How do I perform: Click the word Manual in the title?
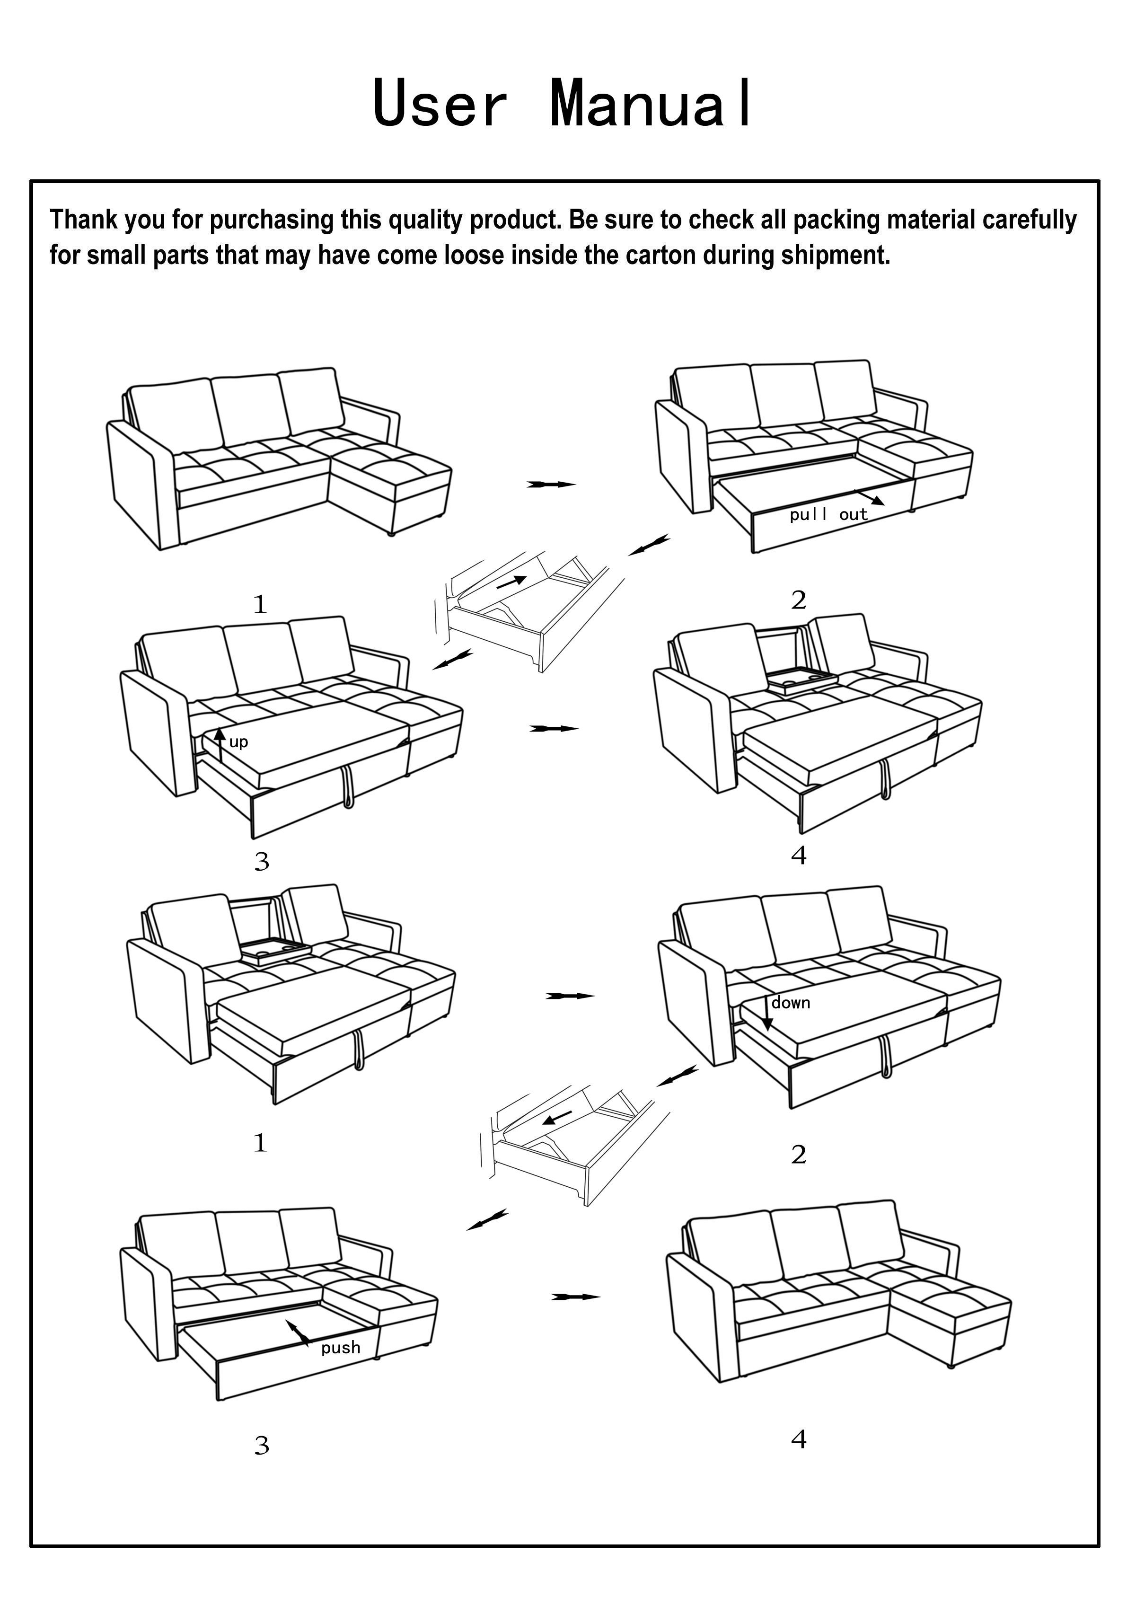click(x=651, y=104)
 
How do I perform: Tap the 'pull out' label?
click(x=828, y=515)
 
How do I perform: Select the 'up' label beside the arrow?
click(x=238, y=742)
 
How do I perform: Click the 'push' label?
click(x=341, y=1348)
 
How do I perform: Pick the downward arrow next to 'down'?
click(x=766, y=1014)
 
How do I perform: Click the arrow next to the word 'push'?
click(x=298, y=1331)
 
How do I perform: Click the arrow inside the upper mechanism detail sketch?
click(x=511, y=582)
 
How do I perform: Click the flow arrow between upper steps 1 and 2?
click(x=551, y=484)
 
